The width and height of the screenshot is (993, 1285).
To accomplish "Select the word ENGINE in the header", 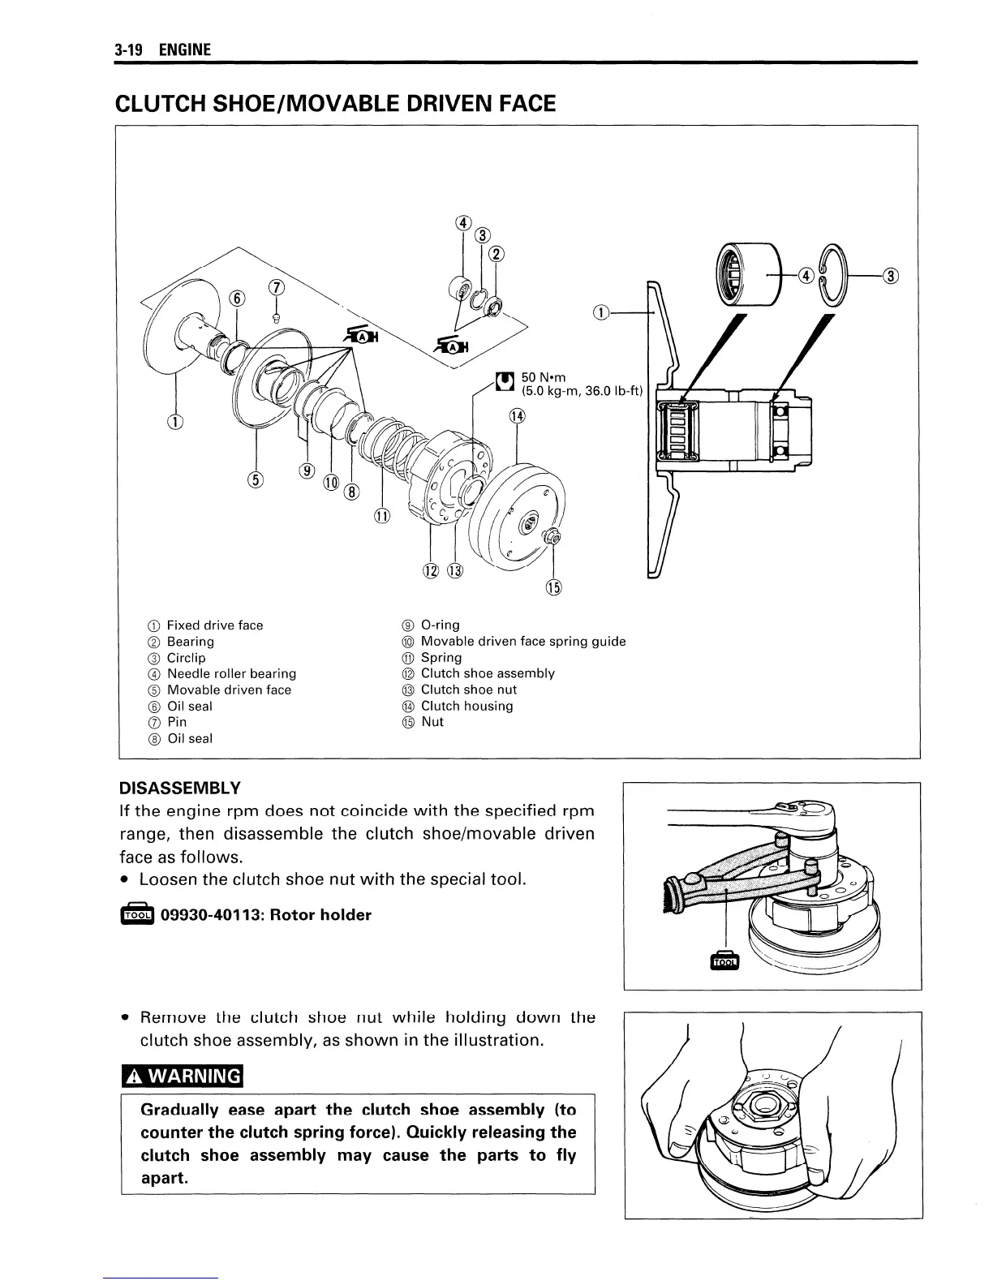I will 185,50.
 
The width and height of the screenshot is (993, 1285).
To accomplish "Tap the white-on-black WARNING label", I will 183,1077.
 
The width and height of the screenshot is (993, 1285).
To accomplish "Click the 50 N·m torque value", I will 544,377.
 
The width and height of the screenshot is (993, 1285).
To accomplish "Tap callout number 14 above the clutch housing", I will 517,416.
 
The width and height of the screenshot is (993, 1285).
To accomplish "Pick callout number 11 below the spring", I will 381,515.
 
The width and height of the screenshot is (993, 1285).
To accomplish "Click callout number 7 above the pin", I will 277,288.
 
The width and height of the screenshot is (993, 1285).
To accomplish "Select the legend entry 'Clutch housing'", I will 466,706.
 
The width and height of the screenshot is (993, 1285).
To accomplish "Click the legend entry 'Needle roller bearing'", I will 231,673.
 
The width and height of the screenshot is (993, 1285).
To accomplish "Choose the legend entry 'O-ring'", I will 440,625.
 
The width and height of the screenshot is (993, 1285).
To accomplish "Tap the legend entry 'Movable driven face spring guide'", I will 523,642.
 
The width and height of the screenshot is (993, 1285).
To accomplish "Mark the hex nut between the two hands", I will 764,1104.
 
